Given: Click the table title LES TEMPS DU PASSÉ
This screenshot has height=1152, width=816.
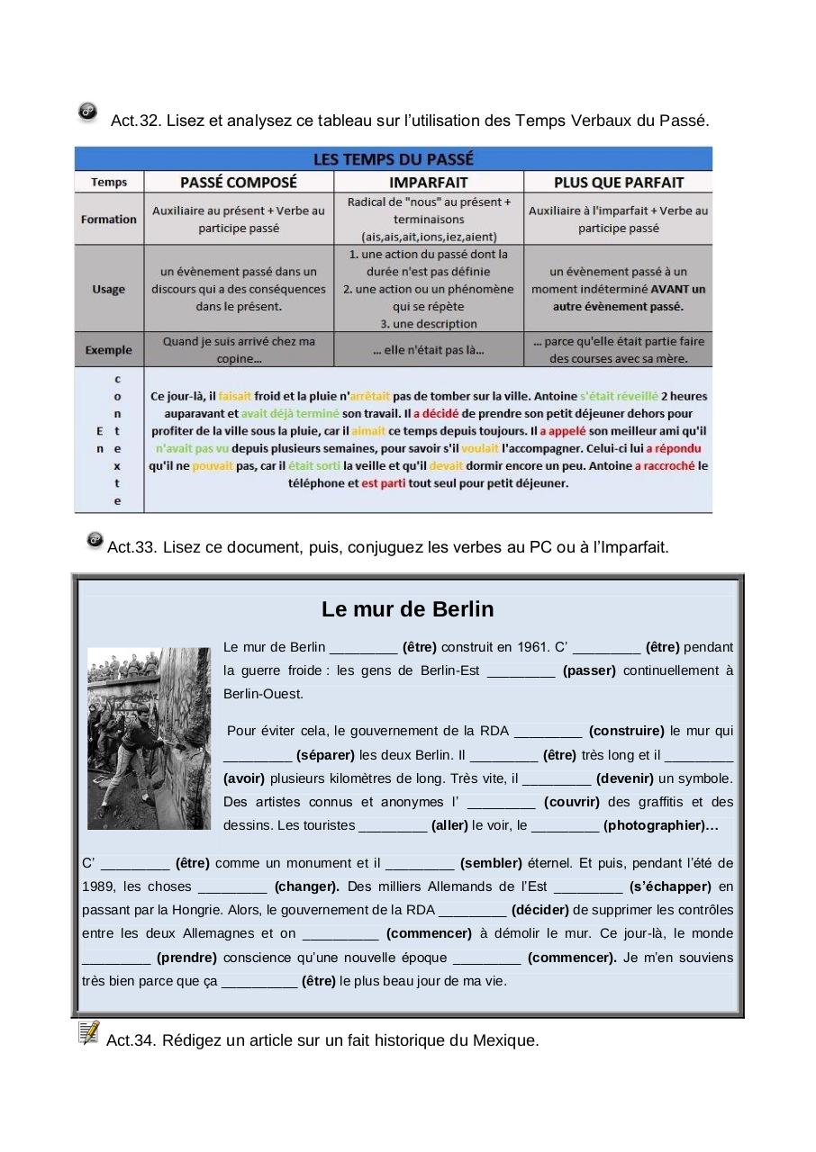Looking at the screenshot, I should click(x=393, y=159).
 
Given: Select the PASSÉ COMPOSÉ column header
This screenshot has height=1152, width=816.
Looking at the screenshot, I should click(x=239, y=183).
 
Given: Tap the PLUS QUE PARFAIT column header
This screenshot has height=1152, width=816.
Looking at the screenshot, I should click(x=618, y=183).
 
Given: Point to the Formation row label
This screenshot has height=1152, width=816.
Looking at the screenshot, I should click(x=109, y=220).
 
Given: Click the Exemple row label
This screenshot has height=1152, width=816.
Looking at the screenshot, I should click(x=109, y=350).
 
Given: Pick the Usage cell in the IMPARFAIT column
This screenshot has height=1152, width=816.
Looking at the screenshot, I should click(x=428, y=289).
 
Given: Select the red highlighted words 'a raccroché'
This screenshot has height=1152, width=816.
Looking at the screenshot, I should click(x=665, y=465).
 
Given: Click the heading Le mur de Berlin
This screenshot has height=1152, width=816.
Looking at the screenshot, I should click(x=407, y=609).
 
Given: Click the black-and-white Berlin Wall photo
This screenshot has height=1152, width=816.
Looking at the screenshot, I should click(x=149, y=738).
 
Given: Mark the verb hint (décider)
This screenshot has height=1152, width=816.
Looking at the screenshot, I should click(x=539, y=910).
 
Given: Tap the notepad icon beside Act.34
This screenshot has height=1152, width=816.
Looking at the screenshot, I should click(x=88, y=1032).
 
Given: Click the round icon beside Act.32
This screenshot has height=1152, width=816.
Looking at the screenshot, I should click(x=87, y=112).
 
